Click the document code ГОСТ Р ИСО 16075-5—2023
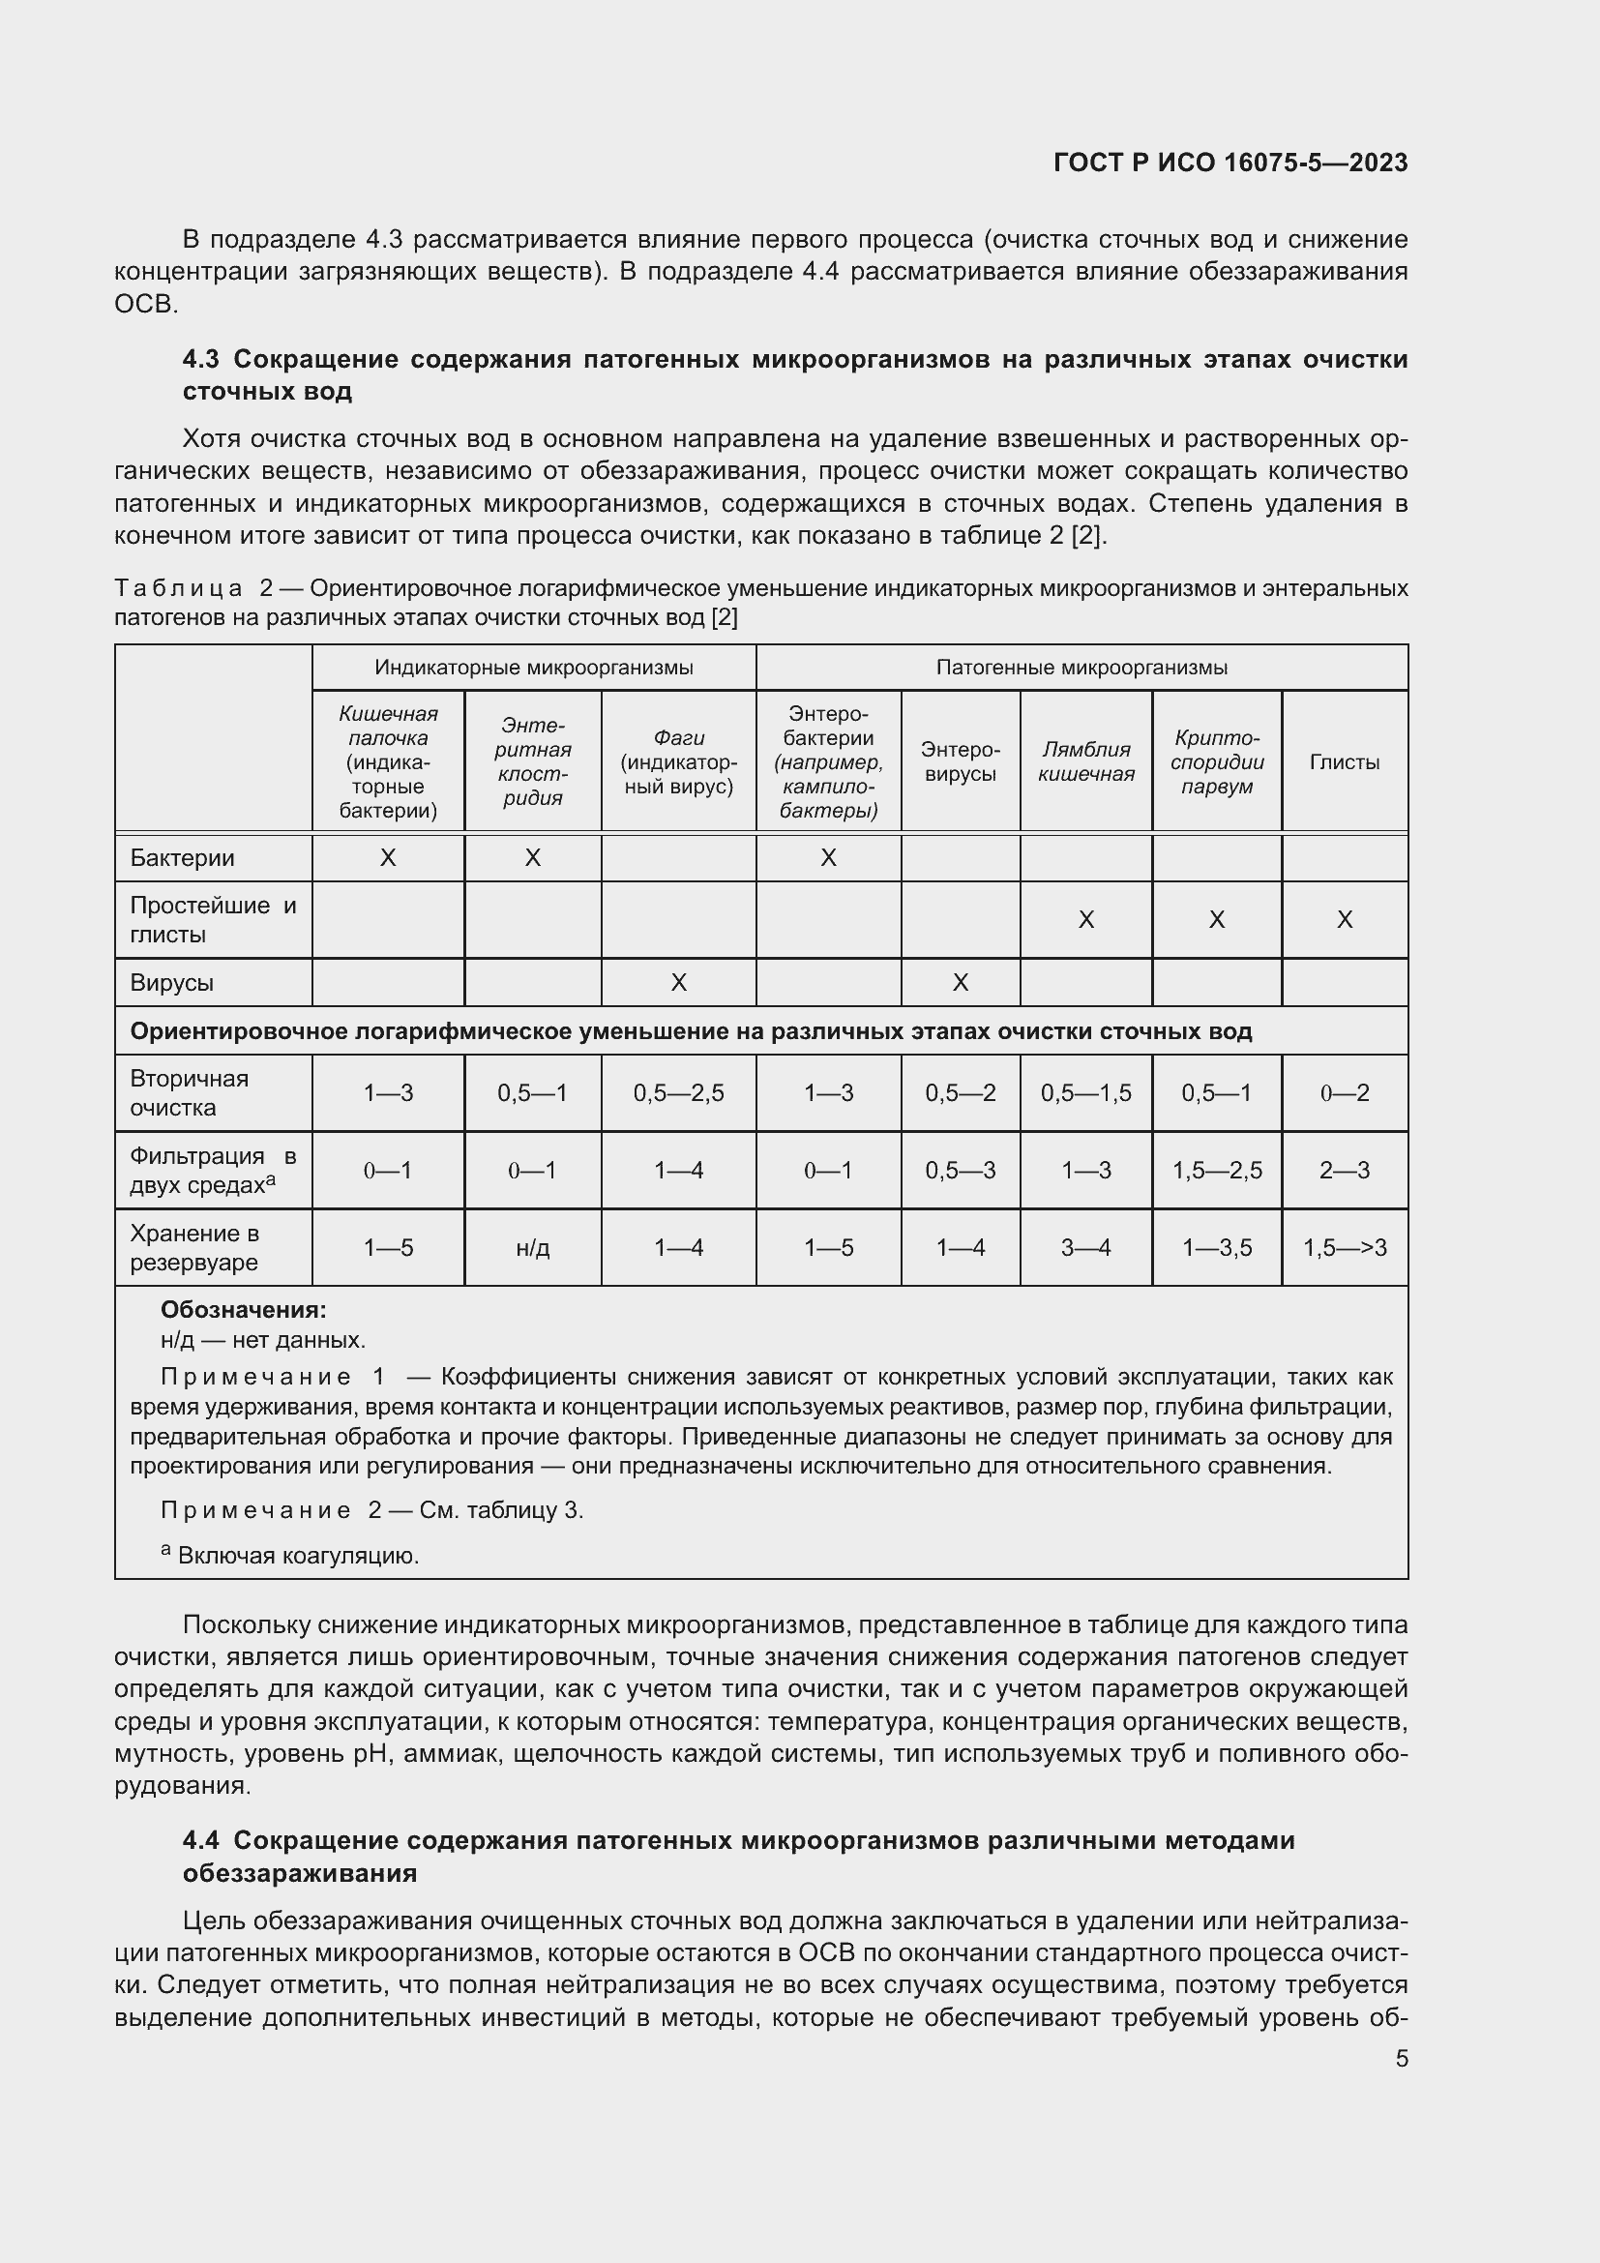1230,163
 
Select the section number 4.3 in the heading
203,359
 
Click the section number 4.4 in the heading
203,1840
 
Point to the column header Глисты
1344,761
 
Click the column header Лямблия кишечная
1085,761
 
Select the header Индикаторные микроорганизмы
533,668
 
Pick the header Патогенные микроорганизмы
1081,668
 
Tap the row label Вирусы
171,983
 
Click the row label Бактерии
182,857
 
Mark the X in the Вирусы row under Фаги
678,983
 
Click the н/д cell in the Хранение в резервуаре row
532,1248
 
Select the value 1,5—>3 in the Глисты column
1344,1248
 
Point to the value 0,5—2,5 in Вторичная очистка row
678,1093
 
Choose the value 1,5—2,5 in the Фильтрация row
1217,1171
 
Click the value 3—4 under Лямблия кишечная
1085,1248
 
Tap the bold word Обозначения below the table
243,1310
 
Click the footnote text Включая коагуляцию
298,1557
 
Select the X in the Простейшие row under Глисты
1344,919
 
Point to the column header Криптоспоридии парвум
1217,761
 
